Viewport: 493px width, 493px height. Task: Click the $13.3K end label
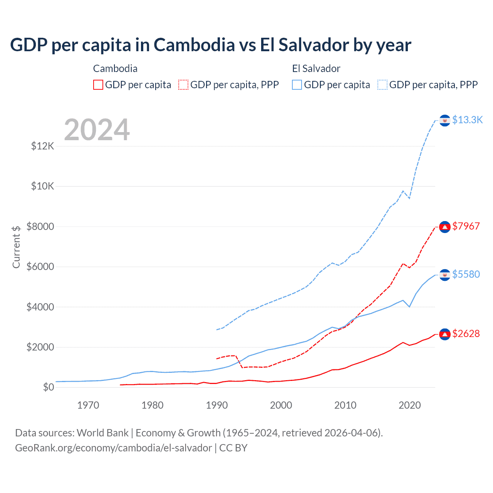[x=467, y=120]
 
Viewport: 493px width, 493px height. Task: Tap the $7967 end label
[x=466, y=226]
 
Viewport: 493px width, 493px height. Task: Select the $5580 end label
[x=466, y=274]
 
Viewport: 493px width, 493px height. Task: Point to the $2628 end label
[x=466, y=334]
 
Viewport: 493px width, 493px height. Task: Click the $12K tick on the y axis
[x=43, y=146]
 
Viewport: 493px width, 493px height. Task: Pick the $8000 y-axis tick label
[x=40, y=226]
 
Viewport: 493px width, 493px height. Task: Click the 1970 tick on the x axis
[x=88, y=405]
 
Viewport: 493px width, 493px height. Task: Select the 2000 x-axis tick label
[x=281, y=405]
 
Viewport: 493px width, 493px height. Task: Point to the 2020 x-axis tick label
[x=409, y=405]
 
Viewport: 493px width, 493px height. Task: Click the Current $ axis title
[x=16, y=247]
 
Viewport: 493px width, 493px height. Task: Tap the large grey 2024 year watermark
[x=97, y=130]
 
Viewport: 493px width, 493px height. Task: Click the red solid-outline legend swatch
[x=98, y=85]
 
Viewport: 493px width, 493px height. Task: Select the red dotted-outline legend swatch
[x=183, y=85]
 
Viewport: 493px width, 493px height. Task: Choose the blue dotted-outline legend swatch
[x=382, y=85]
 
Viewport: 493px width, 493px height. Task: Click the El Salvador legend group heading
[x=316, y=69]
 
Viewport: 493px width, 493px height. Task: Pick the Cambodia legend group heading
[x=115, y=69]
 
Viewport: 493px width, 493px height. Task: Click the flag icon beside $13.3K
[x=445, y=121]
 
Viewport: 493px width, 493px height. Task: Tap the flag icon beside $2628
[x=445, y=334]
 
